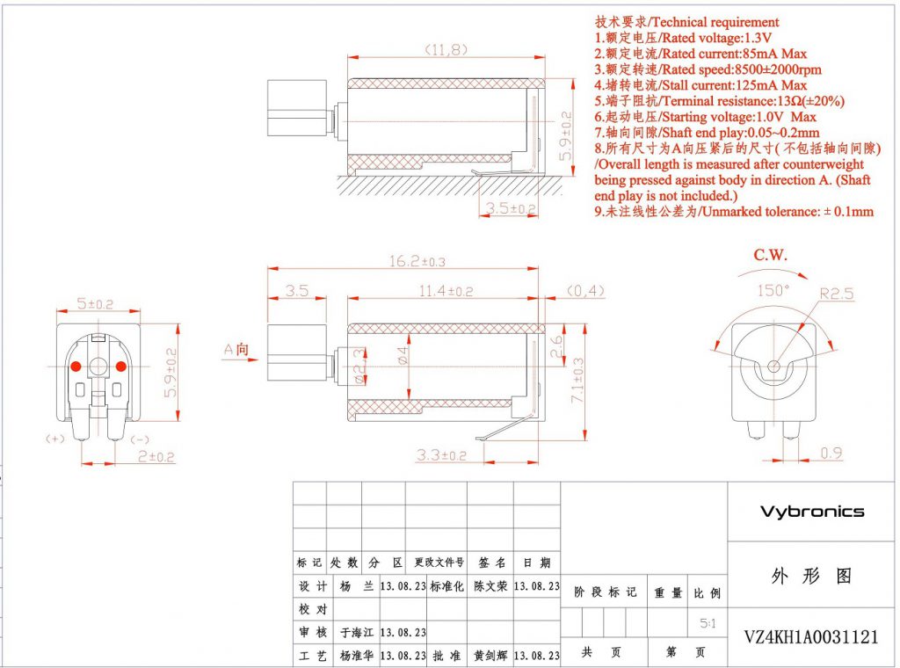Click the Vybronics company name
point(811,512)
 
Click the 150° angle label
point(773,289)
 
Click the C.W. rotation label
point(771,256)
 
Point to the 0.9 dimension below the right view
point(829,454)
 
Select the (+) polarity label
point(54,437)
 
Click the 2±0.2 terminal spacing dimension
point(150,457)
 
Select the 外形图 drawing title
point(810,577)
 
